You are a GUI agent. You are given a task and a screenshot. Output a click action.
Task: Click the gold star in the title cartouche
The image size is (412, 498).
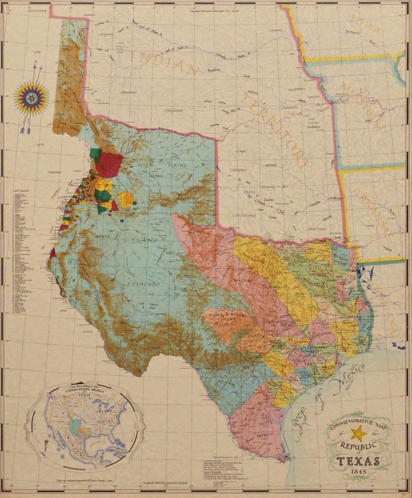(360, 434)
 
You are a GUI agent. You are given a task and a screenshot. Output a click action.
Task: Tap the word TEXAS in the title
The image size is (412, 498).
(358, 461)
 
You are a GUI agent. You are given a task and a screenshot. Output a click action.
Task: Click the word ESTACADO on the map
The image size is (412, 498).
(143, 284)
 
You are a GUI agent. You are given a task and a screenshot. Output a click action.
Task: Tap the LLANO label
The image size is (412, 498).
(144, 241)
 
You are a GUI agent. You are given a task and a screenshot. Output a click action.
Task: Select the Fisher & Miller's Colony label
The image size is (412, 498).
(225, 317)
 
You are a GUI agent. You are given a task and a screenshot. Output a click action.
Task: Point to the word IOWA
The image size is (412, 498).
(366, 25)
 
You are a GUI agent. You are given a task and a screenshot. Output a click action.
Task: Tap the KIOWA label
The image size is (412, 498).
(156, 176)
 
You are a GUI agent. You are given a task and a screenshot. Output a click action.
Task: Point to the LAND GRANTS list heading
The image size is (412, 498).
(21, 191)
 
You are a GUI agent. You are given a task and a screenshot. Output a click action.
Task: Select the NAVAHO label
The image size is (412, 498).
(54, 172)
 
